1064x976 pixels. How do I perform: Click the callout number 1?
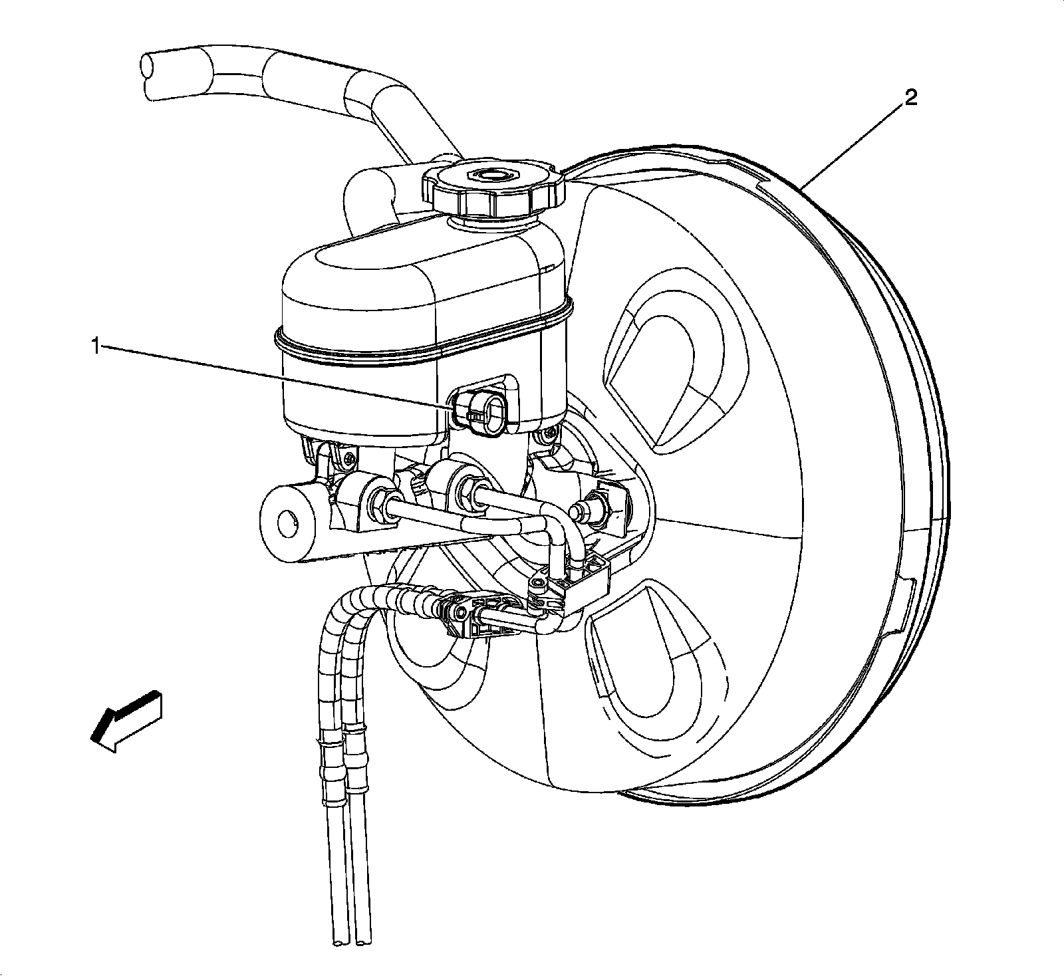pyautogui.click(x=96, y=346)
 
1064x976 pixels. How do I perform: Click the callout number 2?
pyautogui.click(x=910, y=99)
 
